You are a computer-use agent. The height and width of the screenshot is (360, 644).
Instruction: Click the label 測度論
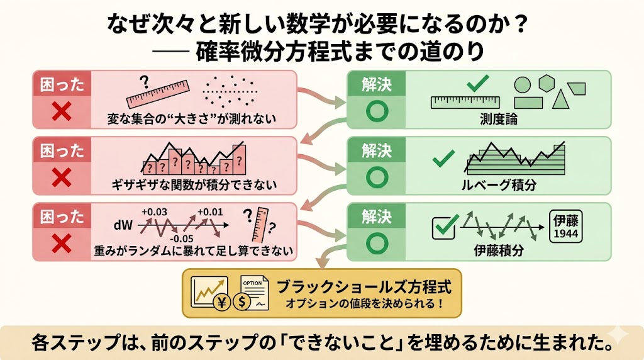[499, 119]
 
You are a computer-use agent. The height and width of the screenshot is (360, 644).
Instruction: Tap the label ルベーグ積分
[499, 185]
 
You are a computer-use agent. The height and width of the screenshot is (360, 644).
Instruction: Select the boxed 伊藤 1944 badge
[565, 227]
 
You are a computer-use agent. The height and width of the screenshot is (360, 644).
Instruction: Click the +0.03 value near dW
[154, 212]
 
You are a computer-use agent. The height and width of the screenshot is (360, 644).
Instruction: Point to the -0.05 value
[181, 239]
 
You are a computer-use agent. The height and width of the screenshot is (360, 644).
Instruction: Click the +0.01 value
[210, 212]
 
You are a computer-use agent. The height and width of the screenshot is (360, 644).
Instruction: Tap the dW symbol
[123, 225]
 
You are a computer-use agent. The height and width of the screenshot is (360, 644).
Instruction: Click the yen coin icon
[222, 302]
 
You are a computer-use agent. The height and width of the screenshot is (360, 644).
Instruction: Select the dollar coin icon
[241, 302]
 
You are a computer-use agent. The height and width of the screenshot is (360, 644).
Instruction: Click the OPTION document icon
[255, 292]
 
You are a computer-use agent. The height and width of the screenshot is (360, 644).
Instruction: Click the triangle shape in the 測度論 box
[560, 99]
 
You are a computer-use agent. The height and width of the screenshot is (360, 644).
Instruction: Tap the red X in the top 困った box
[62, 112]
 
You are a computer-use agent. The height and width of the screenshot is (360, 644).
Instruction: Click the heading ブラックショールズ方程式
[364, 286]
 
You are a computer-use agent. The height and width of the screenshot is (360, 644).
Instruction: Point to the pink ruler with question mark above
[158, 94]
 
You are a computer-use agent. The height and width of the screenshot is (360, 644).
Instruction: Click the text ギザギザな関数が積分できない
[194, 185]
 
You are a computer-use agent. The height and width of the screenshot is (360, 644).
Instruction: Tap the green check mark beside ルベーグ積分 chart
[443, 158]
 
